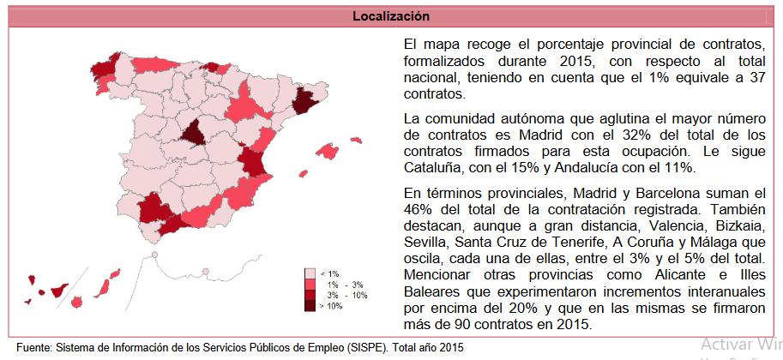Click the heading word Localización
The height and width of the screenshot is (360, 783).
(391, 16)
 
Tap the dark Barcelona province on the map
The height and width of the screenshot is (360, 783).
(304, 103)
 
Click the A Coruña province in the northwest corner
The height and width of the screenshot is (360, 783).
(104, 69)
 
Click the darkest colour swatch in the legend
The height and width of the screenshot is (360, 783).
(310, 304)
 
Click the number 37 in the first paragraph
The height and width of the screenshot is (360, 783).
(756, 78)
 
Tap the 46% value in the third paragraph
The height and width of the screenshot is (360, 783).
(417, 209)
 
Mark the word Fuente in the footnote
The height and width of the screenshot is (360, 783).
(33, 348)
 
